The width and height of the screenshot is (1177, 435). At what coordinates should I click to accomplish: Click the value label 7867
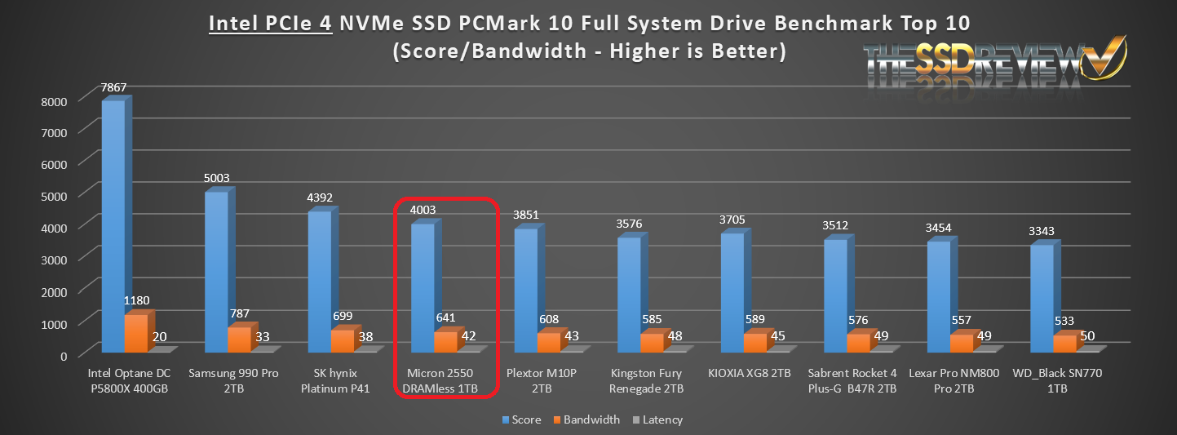pos(114,87)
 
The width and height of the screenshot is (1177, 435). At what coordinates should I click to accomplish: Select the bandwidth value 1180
pos(135,300)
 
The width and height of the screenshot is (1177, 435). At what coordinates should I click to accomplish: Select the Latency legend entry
pos(656,420)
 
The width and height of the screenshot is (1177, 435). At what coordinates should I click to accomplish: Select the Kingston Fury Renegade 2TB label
pos(648,380)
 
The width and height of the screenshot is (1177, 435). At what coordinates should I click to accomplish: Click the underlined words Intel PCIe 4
pos(270,24)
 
